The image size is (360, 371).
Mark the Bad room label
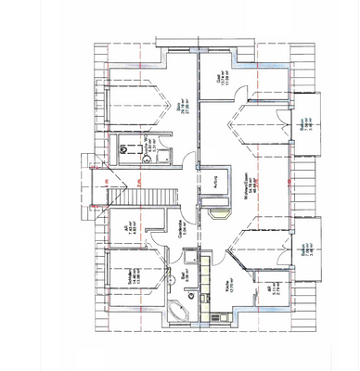click(183, 275)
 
